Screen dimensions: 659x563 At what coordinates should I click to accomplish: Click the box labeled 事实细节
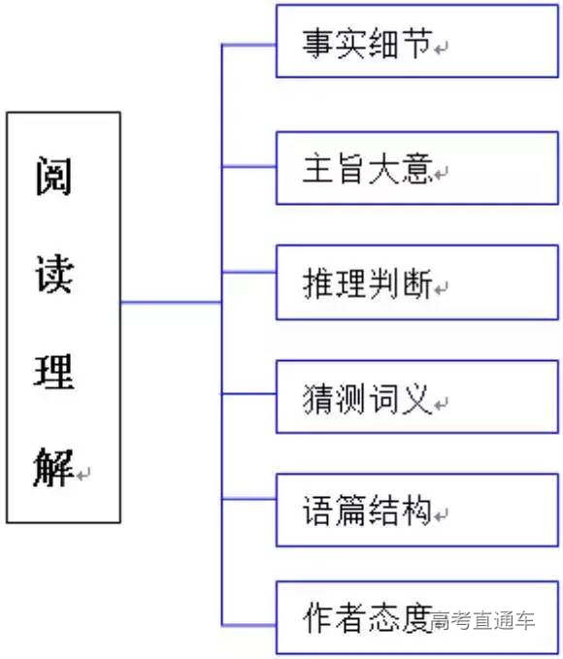(417, 42)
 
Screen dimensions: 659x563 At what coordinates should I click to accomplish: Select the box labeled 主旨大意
(417, 168)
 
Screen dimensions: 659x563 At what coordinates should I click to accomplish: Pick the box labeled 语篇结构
(417, 510)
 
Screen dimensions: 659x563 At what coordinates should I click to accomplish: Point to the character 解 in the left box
(54, 469)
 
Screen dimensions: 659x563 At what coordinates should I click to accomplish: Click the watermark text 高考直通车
(483, 619)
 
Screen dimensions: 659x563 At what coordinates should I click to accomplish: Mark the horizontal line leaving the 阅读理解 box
(170, 303)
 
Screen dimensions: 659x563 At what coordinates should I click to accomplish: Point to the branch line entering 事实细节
(249, 45)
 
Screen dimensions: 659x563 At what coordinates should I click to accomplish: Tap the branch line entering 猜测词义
(249, 393)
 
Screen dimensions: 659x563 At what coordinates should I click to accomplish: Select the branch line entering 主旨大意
(249, 167)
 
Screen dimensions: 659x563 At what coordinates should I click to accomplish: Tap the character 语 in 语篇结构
(318, 511)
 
